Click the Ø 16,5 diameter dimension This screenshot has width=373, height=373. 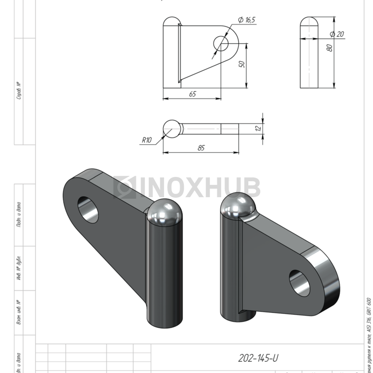[x=247, y=20]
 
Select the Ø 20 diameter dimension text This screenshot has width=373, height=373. [x=337, y=34]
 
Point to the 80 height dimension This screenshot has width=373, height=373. [x=330, y=48]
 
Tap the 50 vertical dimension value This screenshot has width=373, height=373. [x=241, y=64]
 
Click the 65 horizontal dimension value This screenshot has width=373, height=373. [x=192, y=94]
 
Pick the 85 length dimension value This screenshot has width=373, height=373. [x=200, y=148]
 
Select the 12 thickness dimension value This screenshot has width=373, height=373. [x=258, y=128]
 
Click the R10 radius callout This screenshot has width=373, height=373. [x=147, y=140]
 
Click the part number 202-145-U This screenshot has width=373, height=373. [x=258, y=358]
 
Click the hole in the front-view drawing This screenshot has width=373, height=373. [x=221, y=43]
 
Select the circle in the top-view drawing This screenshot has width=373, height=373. [x=172, y=128]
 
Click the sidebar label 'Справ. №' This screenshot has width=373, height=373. [x=19, y=91]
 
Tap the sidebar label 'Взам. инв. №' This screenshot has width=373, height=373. [x=19, y=312]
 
